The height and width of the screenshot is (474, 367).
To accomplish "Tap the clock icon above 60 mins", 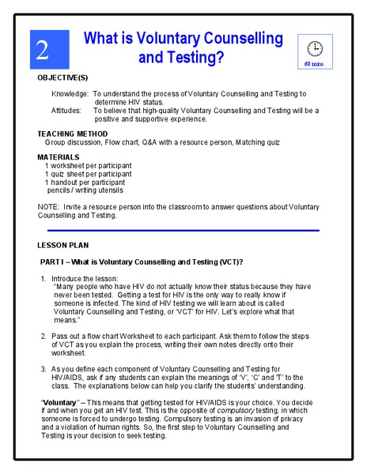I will coord(314,47).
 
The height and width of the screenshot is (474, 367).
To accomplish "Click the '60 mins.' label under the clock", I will coord(314,62).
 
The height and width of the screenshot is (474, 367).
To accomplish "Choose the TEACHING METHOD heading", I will coord(77,134).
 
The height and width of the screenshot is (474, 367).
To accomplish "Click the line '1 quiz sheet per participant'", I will coord(88,174).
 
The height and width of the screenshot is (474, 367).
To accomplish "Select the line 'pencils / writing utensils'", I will coord(85,190).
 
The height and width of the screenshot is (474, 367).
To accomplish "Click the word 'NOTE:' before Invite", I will coord(48,207).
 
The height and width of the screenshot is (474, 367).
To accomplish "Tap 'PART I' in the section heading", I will coord(54,261).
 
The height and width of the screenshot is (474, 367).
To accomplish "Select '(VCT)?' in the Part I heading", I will coord(228,261).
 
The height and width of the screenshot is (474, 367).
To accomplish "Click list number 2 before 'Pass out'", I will coord(44,337).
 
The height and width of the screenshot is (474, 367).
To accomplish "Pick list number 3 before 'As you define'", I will coord(44,369).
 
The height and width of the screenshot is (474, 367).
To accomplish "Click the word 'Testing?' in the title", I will coord(182,58).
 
